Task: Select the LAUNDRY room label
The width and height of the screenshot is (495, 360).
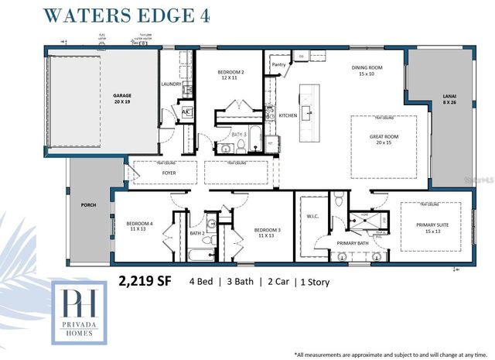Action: point(171,84)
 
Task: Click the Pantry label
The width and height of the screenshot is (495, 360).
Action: point(278,66)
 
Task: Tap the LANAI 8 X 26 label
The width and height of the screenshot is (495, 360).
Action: point(447,99)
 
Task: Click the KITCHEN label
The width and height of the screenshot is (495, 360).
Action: point(288,115)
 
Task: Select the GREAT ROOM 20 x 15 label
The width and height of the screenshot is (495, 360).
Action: point(383,139)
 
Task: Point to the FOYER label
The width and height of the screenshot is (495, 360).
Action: point(169,173)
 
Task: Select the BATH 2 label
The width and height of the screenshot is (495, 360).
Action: point(196,233)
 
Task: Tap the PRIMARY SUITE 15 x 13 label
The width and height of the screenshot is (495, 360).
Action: point(432,228)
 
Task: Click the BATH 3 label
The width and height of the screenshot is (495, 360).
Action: point(238,135)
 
